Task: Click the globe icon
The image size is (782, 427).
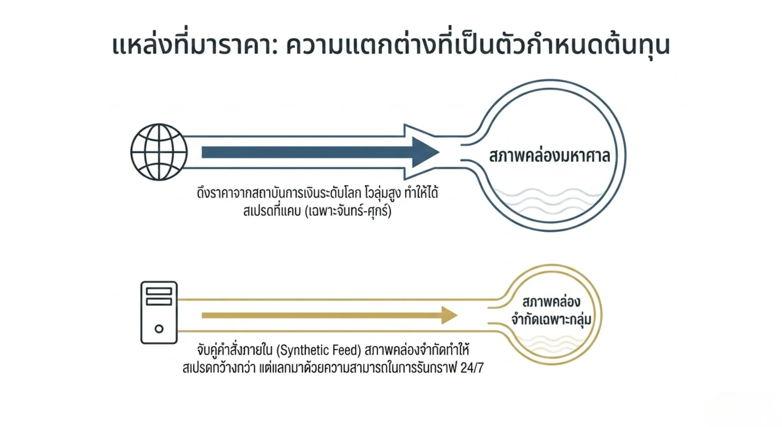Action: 159,152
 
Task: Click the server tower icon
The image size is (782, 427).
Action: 159,313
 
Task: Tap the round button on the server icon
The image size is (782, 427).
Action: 159,329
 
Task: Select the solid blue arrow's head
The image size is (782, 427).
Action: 426,152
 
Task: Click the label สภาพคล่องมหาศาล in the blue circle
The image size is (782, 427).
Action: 549,156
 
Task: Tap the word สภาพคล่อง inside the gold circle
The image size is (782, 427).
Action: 551,302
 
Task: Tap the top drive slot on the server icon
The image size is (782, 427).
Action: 159,291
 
